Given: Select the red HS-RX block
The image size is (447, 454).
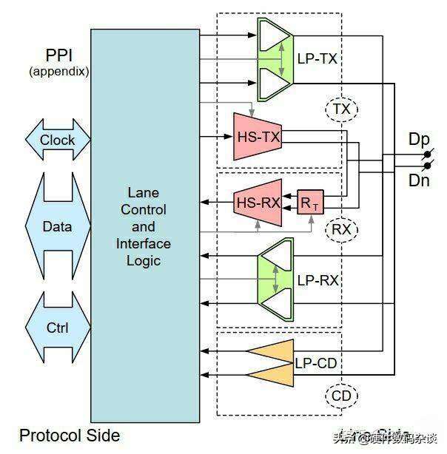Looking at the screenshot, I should coord(256,202).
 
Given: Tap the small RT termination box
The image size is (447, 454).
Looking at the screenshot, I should coord(309,202).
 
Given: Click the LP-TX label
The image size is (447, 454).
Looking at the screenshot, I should coord(317,58).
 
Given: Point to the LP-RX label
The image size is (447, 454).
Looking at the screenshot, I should coord(317,280).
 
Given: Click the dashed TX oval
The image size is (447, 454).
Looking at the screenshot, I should coord(341,109).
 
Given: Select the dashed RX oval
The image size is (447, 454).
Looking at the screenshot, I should coord(341,230).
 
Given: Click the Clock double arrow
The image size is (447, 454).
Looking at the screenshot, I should coord(57,140).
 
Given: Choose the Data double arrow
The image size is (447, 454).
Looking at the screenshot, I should coord(57,226).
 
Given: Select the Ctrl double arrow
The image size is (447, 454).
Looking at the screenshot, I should coord(57,326).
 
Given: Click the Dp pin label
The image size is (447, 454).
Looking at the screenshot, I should coord(419,139).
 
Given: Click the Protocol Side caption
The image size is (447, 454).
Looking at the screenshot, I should coord(69,436).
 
